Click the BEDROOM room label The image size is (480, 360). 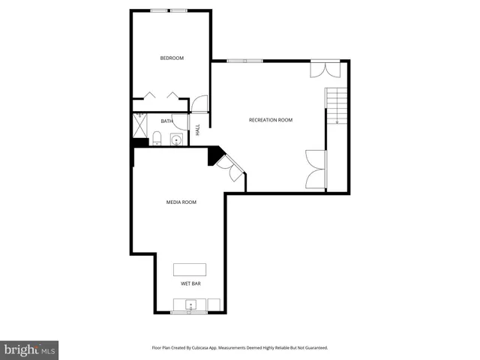(172, 58)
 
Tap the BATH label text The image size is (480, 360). (166, 121)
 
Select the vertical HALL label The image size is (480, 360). (198, 129)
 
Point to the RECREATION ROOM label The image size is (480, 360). (271, 120)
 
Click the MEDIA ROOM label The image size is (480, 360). (181, 202)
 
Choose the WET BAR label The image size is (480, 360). (190, 284)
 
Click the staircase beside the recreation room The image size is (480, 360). (337, 105)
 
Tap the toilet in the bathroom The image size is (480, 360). (156, 138)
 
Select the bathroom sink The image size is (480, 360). (176, 139)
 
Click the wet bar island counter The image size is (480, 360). (190, 269)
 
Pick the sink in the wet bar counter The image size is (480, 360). (190, 304)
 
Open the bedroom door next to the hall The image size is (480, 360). (199, 106)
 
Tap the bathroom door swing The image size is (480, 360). (178, 121)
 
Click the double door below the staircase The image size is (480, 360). (316, 169)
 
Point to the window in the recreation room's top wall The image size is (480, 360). (244, 61)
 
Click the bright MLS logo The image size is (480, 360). (29, 349)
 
